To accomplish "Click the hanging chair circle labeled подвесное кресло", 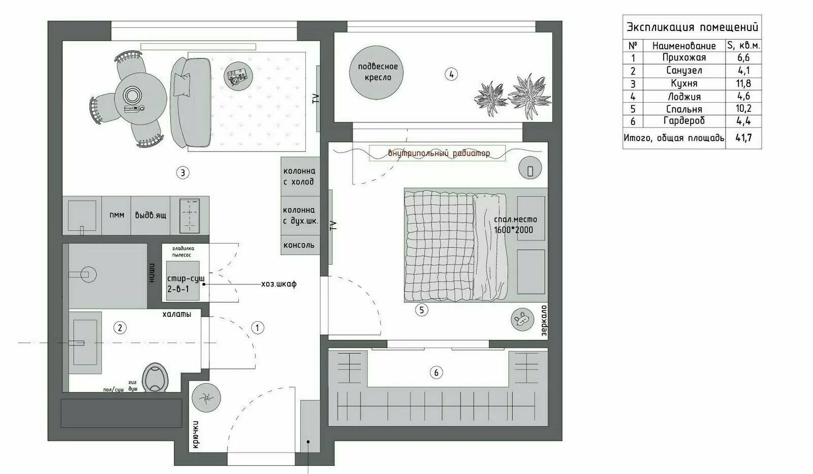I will (x=377, y=72).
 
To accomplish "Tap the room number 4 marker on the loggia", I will (x=451, y=74).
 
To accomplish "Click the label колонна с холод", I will (x=299, y=176).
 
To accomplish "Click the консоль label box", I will (x=299, y=245).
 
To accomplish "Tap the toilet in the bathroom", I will (x=154, y=378).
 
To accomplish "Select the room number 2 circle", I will (x=120, y=328).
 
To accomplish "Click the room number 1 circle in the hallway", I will (x=258, y=328).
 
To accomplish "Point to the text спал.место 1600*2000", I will (x=515, y=225).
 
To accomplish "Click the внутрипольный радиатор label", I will (x=439, y=153).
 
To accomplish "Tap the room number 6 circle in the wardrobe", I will (x=436, y=372).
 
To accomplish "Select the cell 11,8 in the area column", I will (x=743, y=83).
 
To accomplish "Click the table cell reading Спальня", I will (x=684, y=109).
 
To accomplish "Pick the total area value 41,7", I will (x=743, y=138).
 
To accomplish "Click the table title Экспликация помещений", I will (x=692, y=27).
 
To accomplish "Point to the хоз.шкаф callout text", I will (x=278, y=284).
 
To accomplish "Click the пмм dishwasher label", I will (x=117, y=215).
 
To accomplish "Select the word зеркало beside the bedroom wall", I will (x=544, y=321).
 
